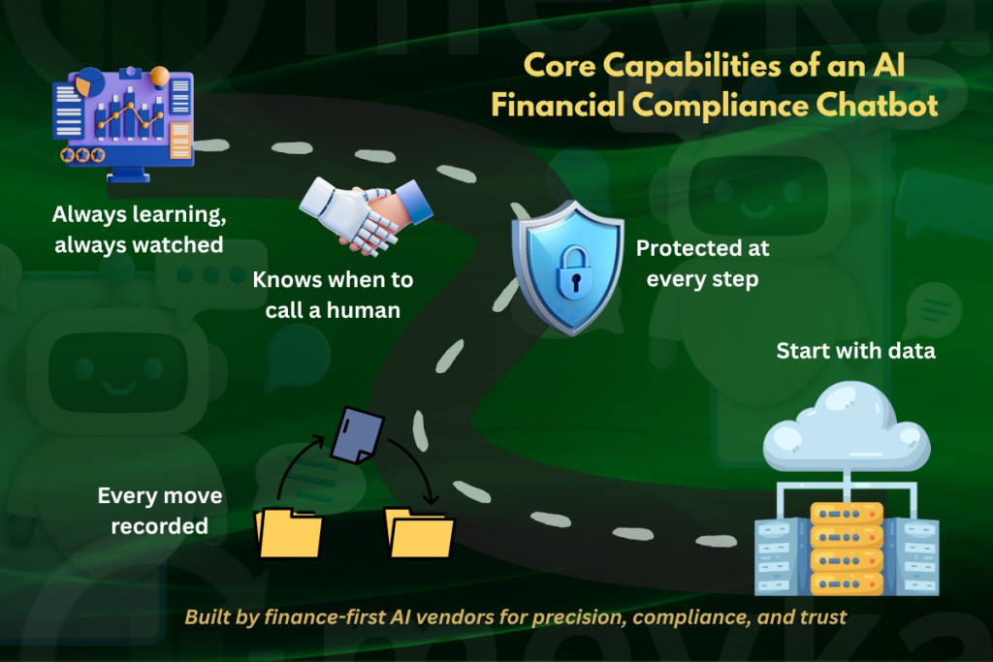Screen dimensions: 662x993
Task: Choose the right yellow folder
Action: [419, 532]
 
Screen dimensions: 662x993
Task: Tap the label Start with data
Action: [855, 350]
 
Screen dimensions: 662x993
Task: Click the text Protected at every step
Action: [702, 262]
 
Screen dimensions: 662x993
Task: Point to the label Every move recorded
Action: [159, 511]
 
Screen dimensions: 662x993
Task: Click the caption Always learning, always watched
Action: [138, 229]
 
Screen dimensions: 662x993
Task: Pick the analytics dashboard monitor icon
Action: [122, 121]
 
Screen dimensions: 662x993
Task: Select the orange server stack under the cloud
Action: [847, 549]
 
